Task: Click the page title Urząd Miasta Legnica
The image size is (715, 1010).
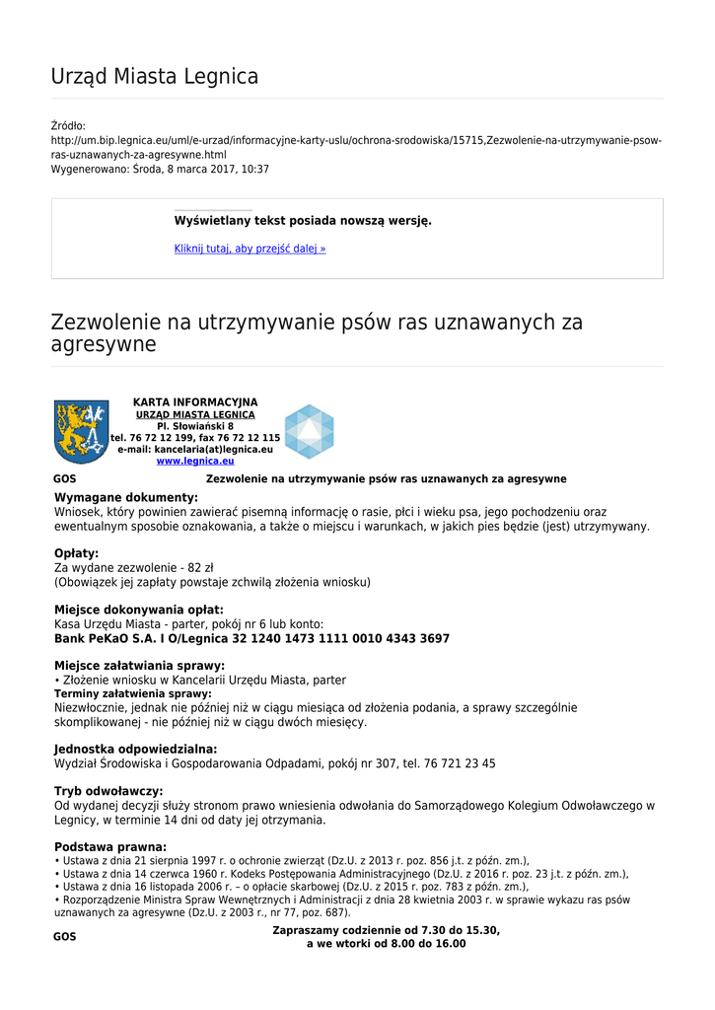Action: click(155, 76)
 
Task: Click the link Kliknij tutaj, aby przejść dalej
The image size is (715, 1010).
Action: click(250, 249)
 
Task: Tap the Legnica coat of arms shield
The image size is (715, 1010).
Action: click(81, 432)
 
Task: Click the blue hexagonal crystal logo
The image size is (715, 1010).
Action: click(310, 431)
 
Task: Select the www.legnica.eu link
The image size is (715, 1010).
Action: click(195, 461)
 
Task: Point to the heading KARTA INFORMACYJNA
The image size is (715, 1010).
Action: click(195, 402)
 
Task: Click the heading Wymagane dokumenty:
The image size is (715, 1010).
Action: click(126, 497)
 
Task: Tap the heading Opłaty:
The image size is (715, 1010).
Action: click(76, 553)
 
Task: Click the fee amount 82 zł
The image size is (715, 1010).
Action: click(200, 568)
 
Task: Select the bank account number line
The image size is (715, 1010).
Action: click(251, 639)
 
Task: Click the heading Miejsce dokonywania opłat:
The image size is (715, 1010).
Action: click(139, 610)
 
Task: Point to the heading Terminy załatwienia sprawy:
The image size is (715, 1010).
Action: click(133, 693)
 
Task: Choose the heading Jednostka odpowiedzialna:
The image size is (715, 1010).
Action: click(135, 750)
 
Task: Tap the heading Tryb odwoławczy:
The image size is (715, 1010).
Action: click(108, 791)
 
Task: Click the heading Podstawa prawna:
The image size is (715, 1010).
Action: click(110, 846)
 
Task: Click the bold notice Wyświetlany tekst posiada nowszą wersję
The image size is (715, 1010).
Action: click(303, 220)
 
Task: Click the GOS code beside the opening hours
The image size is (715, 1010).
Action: click(64, 937)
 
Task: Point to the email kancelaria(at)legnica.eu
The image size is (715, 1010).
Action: click(195, 449)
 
